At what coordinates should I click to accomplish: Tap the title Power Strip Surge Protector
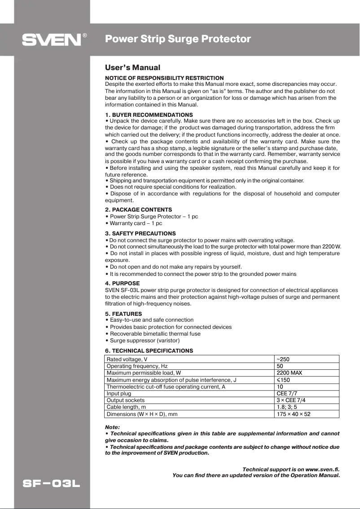pyautogui.click(x=178, y=39)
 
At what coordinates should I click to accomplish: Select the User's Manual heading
pyautogui.click(x=132, y=68)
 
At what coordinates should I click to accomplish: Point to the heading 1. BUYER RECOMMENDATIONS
pyautogui.click(x=149, y=115)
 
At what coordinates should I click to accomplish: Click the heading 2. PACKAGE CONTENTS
pyautogui.click(x=138, y=210)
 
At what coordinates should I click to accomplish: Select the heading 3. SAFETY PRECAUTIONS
pyautogui.click(x=140, y=234)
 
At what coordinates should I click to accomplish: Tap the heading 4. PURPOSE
pyautogui.click(x=122, y=283)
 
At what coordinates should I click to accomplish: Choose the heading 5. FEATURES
pyautogui.click(x=123, y=314)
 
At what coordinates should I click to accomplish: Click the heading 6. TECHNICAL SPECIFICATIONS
pyautogui.click(x=149, y=350)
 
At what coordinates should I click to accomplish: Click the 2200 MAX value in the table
pyautogui.click(x=289, y=373)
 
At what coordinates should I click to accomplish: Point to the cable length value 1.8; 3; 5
pyautogui.click(x=286, y=407)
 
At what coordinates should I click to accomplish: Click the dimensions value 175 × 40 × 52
pyautogui.click(x=294, y=414)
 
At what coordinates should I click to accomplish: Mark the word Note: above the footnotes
pyautogui.click(x=112, y=427)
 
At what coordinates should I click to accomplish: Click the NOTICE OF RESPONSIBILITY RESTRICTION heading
pyautogui.click(x=164, y=78)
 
